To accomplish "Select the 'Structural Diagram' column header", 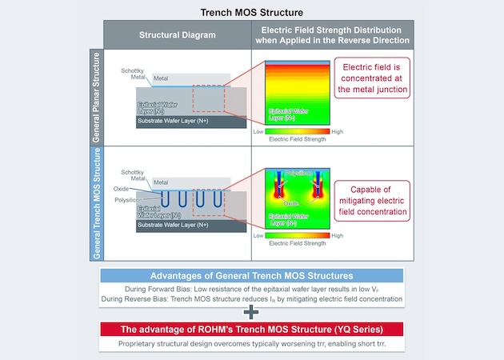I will point(178,35).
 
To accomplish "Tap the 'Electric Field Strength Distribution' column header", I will point(331,35).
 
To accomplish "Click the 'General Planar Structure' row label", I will point(96,97).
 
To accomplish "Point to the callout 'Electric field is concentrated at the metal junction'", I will point(373,77).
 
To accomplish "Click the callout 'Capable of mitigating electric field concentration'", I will point(373,201).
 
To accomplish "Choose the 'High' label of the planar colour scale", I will point(337,130).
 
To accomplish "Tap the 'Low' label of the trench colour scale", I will point(258,236).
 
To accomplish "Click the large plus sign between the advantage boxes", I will point(252,313).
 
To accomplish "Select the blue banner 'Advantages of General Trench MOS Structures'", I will point(252,275).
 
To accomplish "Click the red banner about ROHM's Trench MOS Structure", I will point(252,329).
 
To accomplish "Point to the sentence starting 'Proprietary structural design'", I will point(252,343).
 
